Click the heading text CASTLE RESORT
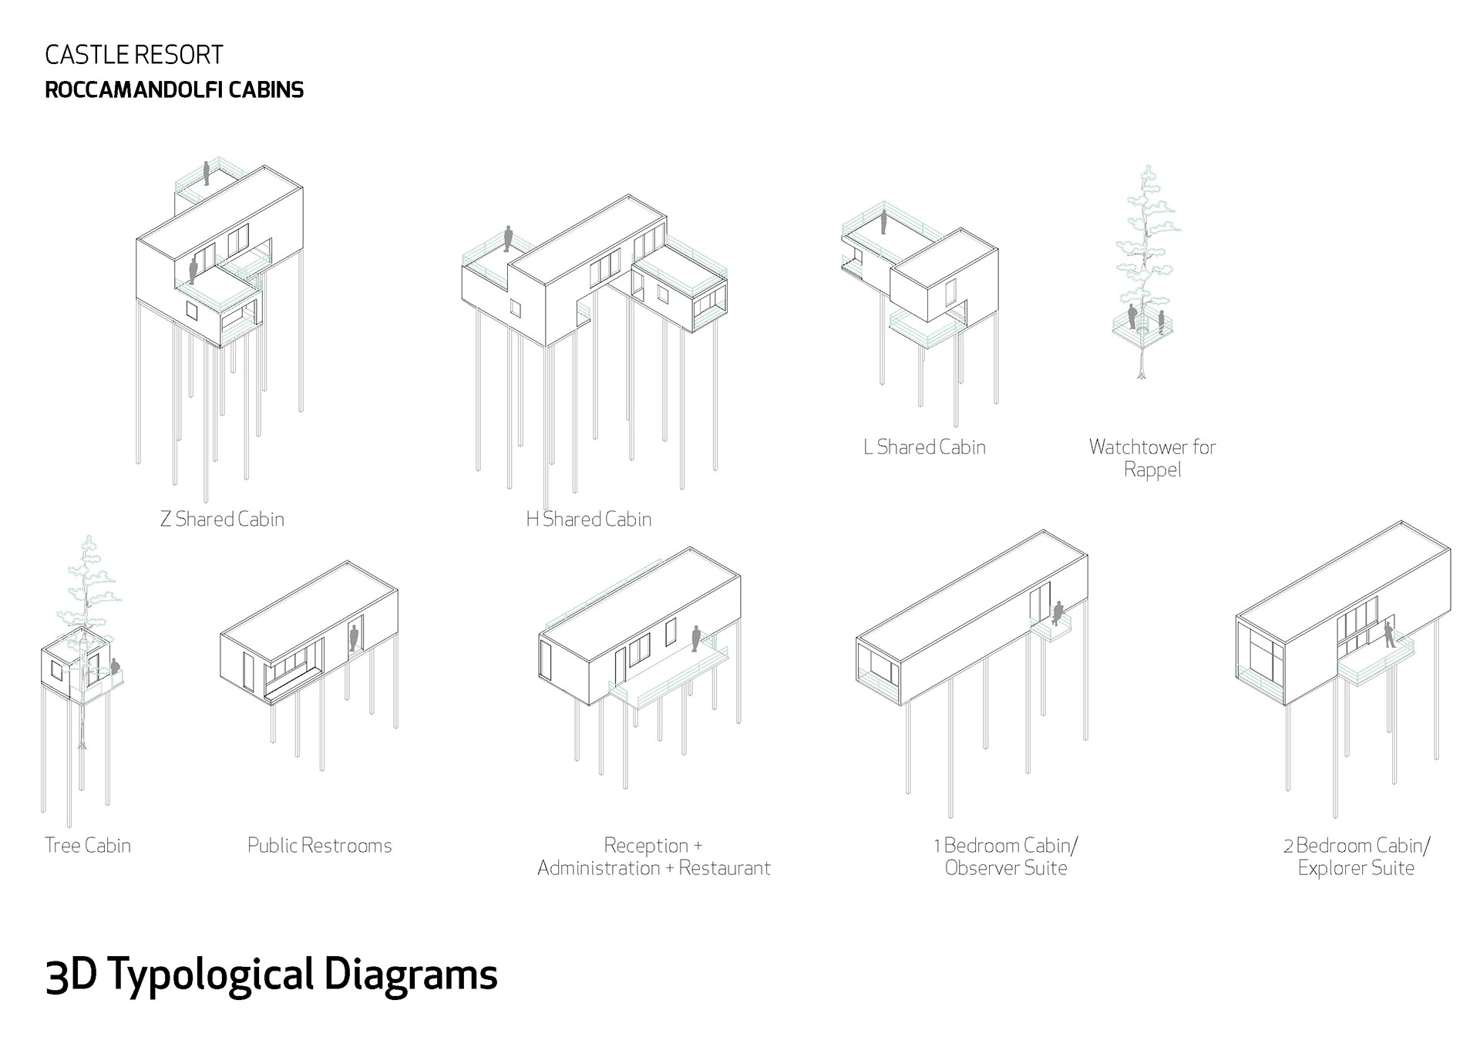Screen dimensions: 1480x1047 click(x=134, y=56)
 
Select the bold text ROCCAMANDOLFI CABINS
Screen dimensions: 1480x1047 click(x=174, y=90)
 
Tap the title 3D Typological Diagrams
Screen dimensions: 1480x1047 click(x=271, y=975)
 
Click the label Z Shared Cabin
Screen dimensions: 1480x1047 click(x=222, y=520)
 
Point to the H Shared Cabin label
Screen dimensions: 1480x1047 click(x=589, y=520)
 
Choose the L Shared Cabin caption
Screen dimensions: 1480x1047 click(x=924, y=447)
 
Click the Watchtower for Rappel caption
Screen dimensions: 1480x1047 click(x=1152, y=458)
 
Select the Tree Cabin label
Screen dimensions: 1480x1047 click(x=88, y=846)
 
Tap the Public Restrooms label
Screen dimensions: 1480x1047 click(x=319, y=846)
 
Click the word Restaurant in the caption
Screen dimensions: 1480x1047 click(x=724, y=868)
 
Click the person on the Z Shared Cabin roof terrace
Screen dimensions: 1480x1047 click(x=207, y=173)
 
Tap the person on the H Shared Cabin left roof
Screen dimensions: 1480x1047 click(x=508, y=238)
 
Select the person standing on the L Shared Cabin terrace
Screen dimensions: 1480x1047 click(x=884, y=222)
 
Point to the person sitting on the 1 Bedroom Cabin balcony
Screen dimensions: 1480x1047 click(x=1058, y=613)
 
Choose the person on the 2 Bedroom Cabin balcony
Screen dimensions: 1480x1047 click(x=1388, y=635)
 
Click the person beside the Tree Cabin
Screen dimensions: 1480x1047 click(x=116, y=668)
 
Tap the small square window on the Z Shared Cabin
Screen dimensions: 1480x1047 click(x=191, y=310)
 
